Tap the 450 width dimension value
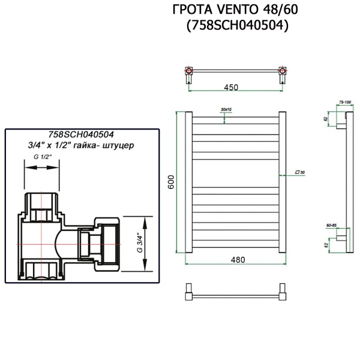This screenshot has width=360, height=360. pyautogui.click(x=232, y=88)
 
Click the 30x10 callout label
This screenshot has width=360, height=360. pyautogui.click(x=226, y=109)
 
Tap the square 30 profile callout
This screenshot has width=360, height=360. pyautogui.click(x=301, y=172)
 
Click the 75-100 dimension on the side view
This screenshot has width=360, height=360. pyautogui.click(x=344, y=103)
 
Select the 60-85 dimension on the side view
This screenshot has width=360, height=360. pyautogui.click(x=331, y=226)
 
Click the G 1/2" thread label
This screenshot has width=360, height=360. pyautogui.click(x=43, y=157)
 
